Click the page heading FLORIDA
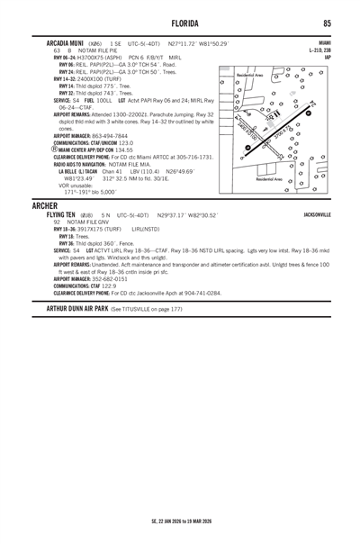[x=180, y=22]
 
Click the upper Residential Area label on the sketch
[x=251, y=76]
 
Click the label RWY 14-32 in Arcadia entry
[x=70, y=78]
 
